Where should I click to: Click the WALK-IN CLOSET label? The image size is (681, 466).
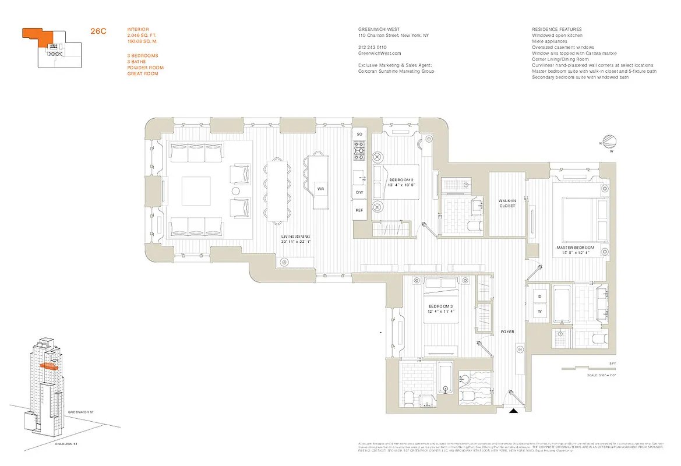tap(507, 203)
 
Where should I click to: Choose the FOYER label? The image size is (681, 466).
tap(507, 332)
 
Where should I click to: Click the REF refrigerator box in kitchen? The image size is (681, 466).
tap(359, 210)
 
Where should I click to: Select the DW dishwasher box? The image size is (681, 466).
tap(359, 192)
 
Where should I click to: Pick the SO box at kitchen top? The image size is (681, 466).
tap(359, 135)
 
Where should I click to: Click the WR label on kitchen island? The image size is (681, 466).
tap(320, 189)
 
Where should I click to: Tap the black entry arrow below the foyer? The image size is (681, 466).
tap(513, 411)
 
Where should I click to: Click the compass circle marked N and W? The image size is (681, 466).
tap(610, 142)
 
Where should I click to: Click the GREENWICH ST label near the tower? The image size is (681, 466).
tap(81, 412)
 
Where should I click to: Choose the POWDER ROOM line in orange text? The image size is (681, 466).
tap(145, 68)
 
